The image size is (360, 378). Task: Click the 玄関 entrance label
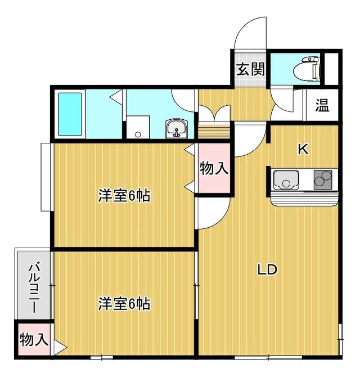tap(250, 69)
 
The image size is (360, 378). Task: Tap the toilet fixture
tap(307, 68)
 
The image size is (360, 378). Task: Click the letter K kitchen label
tap(303, 149)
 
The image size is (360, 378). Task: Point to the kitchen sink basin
tap(286, 179)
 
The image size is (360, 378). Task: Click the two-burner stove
tap(323, 179)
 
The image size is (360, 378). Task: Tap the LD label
tap(267, 269)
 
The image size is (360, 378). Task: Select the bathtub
tap(70, 114)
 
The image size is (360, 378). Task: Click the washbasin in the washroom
tap(176, 128)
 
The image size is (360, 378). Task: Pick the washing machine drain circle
tap(138, 134)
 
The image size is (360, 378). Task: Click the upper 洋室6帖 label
tap(124, 196)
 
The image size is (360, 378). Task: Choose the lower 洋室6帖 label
tap(124, 304)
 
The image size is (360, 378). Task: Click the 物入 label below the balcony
tap(34, 340)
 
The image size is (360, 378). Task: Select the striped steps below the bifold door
tap(214, 130)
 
